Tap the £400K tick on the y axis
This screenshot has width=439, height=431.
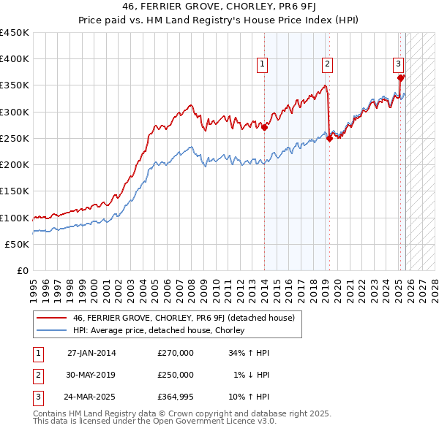point(15,59)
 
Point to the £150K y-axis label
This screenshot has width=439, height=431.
point(15,191)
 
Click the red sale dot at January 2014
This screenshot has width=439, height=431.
point(264,128)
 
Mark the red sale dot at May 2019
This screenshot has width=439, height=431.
point(330,138)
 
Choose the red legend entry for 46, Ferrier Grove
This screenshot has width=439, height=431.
point(183,318)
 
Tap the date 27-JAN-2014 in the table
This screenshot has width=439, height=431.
point(91,353)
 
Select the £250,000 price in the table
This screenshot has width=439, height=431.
point(176,375)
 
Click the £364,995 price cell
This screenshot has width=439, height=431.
point(176,397)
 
